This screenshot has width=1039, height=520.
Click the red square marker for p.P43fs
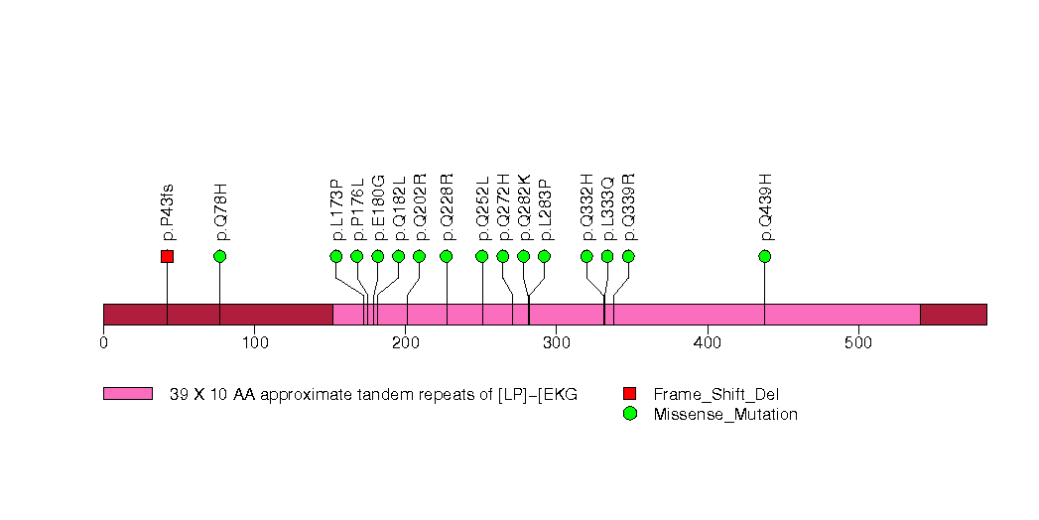tap(167, 256)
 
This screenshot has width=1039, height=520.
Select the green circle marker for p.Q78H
tap(219, 256)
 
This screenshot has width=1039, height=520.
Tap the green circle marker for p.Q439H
tap(764, 256)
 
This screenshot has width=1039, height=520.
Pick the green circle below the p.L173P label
tap(335, 256)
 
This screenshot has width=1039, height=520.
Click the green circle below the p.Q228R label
tap(446, 256)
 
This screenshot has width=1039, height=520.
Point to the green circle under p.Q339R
tap(628, 256)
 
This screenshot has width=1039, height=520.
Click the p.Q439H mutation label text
tap(765, 207)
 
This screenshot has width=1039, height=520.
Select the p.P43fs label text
tap(168, 211)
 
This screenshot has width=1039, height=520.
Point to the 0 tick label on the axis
tap(103, 342)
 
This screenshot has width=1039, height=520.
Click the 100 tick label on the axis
tap(254, 342)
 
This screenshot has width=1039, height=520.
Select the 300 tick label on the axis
tap(556, 342)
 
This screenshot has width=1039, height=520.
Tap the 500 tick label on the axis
tap(857, 342)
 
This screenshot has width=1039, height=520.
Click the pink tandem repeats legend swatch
tap(128, 394)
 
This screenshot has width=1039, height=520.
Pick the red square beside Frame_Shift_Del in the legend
tap(629, 394)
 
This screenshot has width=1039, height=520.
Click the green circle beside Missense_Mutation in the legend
tap(629, 414)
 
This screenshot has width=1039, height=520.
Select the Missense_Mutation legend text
tap(725, 415)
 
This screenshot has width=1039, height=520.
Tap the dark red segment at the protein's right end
tap(953, 314)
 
